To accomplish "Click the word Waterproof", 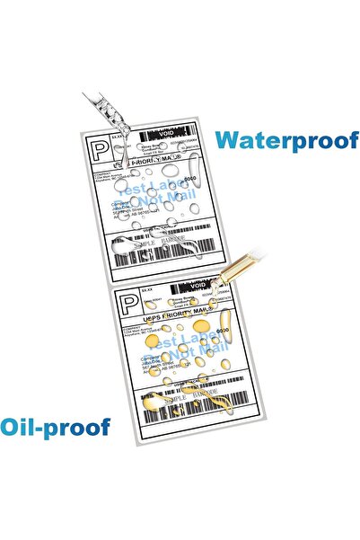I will [x=287, y=140].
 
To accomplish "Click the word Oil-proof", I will [x=56, y=427].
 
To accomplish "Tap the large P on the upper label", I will [x=98, y=149].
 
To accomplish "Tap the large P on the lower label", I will [x=129, y=303].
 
